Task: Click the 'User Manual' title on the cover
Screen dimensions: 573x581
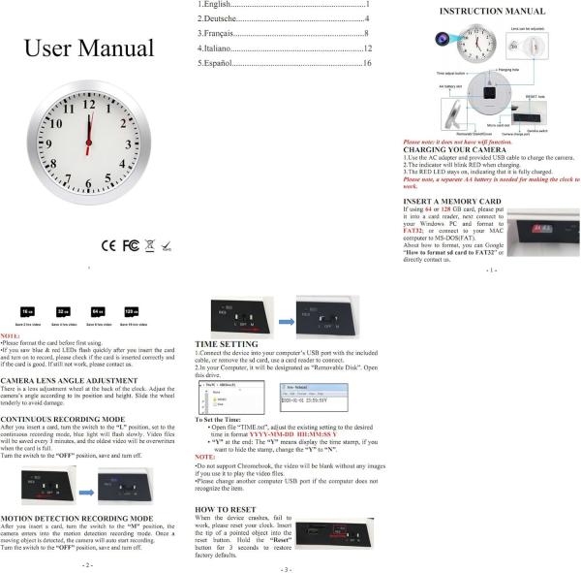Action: pos(89,48)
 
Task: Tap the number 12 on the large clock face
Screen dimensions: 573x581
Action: pos(89,103)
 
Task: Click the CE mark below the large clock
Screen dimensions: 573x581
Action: pos(108,243)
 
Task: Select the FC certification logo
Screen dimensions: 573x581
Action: pos(131,243)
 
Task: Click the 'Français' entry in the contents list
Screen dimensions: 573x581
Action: pos(218,33)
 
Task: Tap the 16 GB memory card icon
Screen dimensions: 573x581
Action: pos(27,312)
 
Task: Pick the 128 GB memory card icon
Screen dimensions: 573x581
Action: pos(131,312)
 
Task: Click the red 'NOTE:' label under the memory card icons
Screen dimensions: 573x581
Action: pos(10,334)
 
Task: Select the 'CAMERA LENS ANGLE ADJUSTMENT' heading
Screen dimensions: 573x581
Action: pos(71,379)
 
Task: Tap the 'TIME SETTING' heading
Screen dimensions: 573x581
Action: pos(228,343)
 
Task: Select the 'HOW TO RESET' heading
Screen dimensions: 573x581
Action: pos(227,508)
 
